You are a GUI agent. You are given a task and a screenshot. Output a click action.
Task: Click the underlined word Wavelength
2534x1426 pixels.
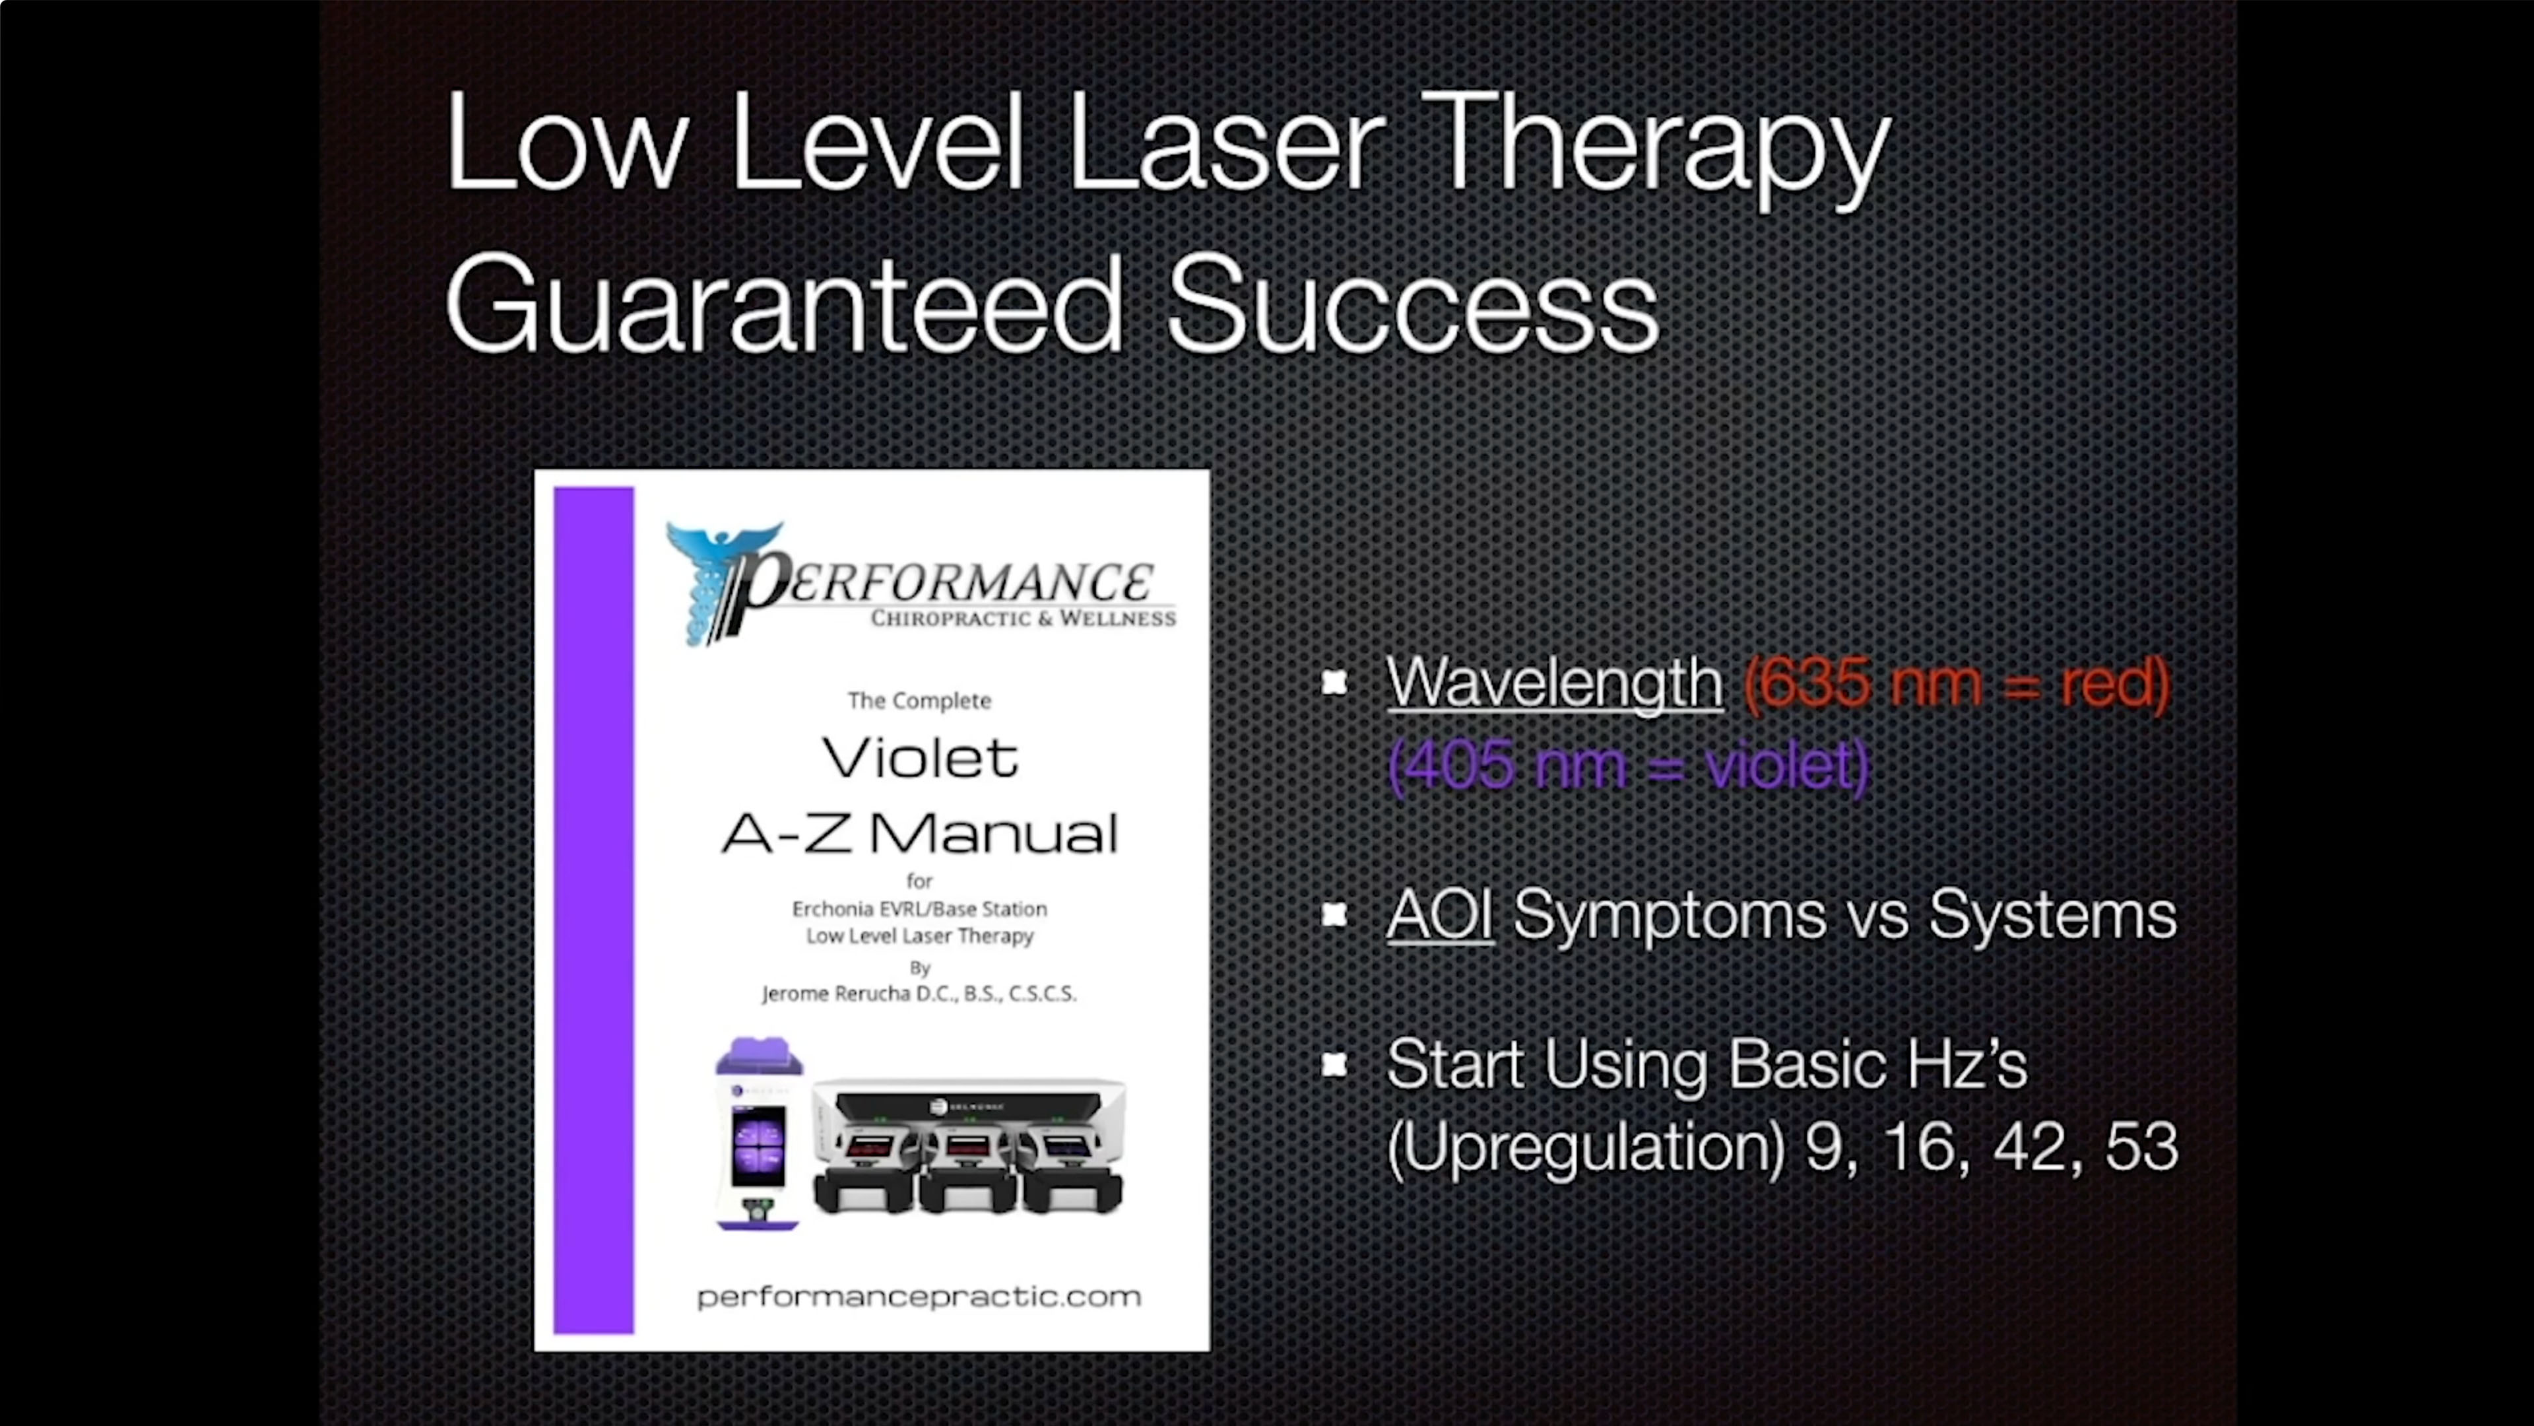[1553, 681]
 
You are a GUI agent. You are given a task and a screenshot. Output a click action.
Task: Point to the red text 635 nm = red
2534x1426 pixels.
[1955, 681]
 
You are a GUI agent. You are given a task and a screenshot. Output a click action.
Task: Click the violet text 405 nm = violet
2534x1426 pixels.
[1627, 764]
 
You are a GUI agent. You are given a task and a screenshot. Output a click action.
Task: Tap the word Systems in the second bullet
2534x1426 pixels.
[2052, 914]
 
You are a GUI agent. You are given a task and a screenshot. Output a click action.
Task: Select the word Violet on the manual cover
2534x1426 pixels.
[920, 758]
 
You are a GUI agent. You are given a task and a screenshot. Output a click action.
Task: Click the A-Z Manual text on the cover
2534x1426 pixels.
[920, 834]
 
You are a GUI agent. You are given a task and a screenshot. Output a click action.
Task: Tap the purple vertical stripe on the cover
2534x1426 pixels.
[593, 910]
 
